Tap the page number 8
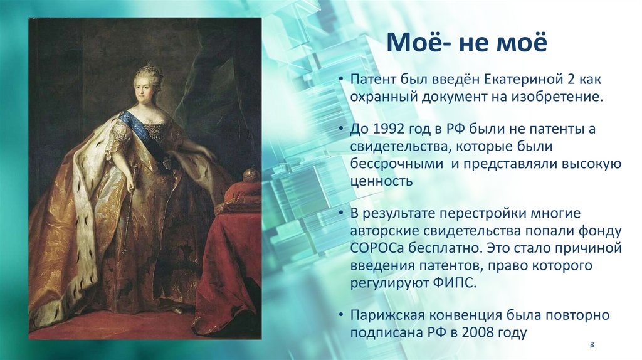pos(592,346)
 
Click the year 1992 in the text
pos(387,130)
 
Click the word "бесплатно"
pos(443,248)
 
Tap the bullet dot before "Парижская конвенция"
pos(340,315)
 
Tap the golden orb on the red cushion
pos(251,175)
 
